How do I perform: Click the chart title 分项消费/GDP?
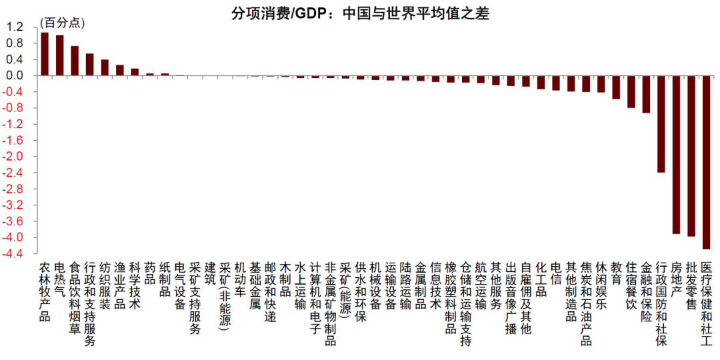pos(360,13)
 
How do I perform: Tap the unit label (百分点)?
pos(63,23)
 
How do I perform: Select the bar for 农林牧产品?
pos(45,54)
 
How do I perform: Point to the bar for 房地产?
pos(676,154)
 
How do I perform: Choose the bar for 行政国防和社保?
pos(661,124)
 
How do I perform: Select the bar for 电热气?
pos(60,55)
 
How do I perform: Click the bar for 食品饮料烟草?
pos(75,61)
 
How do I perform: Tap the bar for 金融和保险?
pos(645,94)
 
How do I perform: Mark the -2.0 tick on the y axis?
pos(15,157)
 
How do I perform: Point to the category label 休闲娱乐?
pos(601,285)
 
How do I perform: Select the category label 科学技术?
pos(134,285)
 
